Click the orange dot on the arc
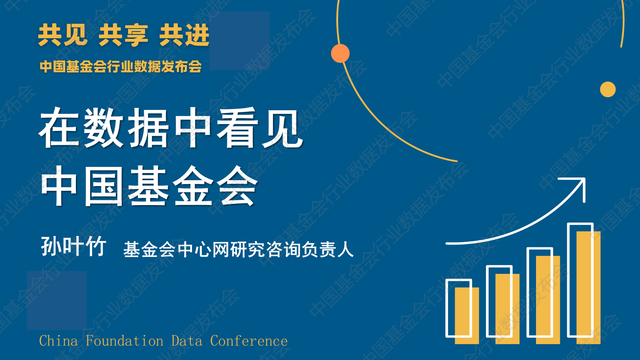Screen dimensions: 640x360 pyautogui.click(x=340, y=53)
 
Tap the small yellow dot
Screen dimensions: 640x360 pyautogui.click(x=608, y=89)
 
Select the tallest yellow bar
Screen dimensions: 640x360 pyautogui.click(x=588, y=287)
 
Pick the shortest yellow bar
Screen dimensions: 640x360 pyautogui.click(x=467, y=316)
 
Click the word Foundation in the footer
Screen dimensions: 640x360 pyautogui.click(x=124, y=341)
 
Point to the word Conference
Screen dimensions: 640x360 pyautogui.click(x=249, y=341)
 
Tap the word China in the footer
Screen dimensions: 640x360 pyautogui.click(x=58, y=341)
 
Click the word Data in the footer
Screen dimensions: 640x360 pyautogui.click(x=186, y=341)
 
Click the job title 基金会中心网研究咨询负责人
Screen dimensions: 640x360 pyautogui.click(x=239, y=249)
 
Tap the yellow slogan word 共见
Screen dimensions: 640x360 pyautogui.click(x=62, y=35)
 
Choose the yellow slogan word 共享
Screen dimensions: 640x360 pyautogui.click(x=123, y=35)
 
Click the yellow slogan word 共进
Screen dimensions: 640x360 pyautogui.click(x=184, y=35)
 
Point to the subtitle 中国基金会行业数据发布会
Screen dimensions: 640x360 pyautogui.click(x=120, y=66)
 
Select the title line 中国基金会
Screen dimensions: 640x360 pyautogui.click(x=149, y=186)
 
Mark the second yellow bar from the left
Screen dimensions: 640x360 pyautogui.click(x=507, y=309)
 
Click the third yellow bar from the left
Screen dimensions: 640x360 pyautogui.click(x=548, y=300)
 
